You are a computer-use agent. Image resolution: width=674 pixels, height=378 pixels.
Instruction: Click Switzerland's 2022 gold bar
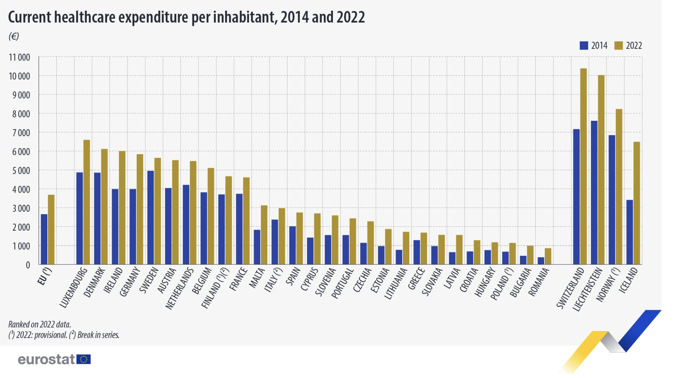(x=583, y=166)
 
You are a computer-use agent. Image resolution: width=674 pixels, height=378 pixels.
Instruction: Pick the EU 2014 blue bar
(x=44, y=239)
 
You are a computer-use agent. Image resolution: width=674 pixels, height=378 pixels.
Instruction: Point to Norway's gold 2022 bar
(x=619, y=187)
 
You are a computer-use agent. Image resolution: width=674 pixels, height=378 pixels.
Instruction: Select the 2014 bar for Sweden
(x=150, y=218)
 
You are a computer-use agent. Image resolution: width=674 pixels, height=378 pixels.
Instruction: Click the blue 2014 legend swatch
(x=584, y=46)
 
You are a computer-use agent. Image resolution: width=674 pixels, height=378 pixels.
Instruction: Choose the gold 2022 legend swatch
(x=618, y=46)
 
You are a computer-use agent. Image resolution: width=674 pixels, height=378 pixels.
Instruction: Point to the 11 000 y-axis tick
(x=19, y=57)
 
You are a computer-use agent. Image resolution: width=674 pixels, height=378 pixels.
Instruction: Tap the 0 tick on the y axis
(x=28, y=265)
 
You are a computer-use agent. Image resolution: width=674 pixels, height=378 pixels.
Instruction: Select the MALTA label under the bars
(x=257, y=278)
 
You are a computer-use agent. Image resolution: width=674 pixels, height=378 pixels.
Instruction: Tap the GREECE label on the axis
(x=417, y=279)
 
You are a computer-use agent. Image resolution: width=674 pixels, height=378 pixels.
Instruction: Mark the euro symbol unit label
(x=14, y=36)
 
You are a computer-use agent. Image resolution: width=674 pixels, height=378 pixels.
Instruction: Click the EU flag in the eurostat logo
(x=84, y=360)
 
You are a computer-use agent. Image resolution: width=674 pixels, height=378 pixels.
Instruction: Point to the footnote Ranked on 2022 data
(x=40, y=324)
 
